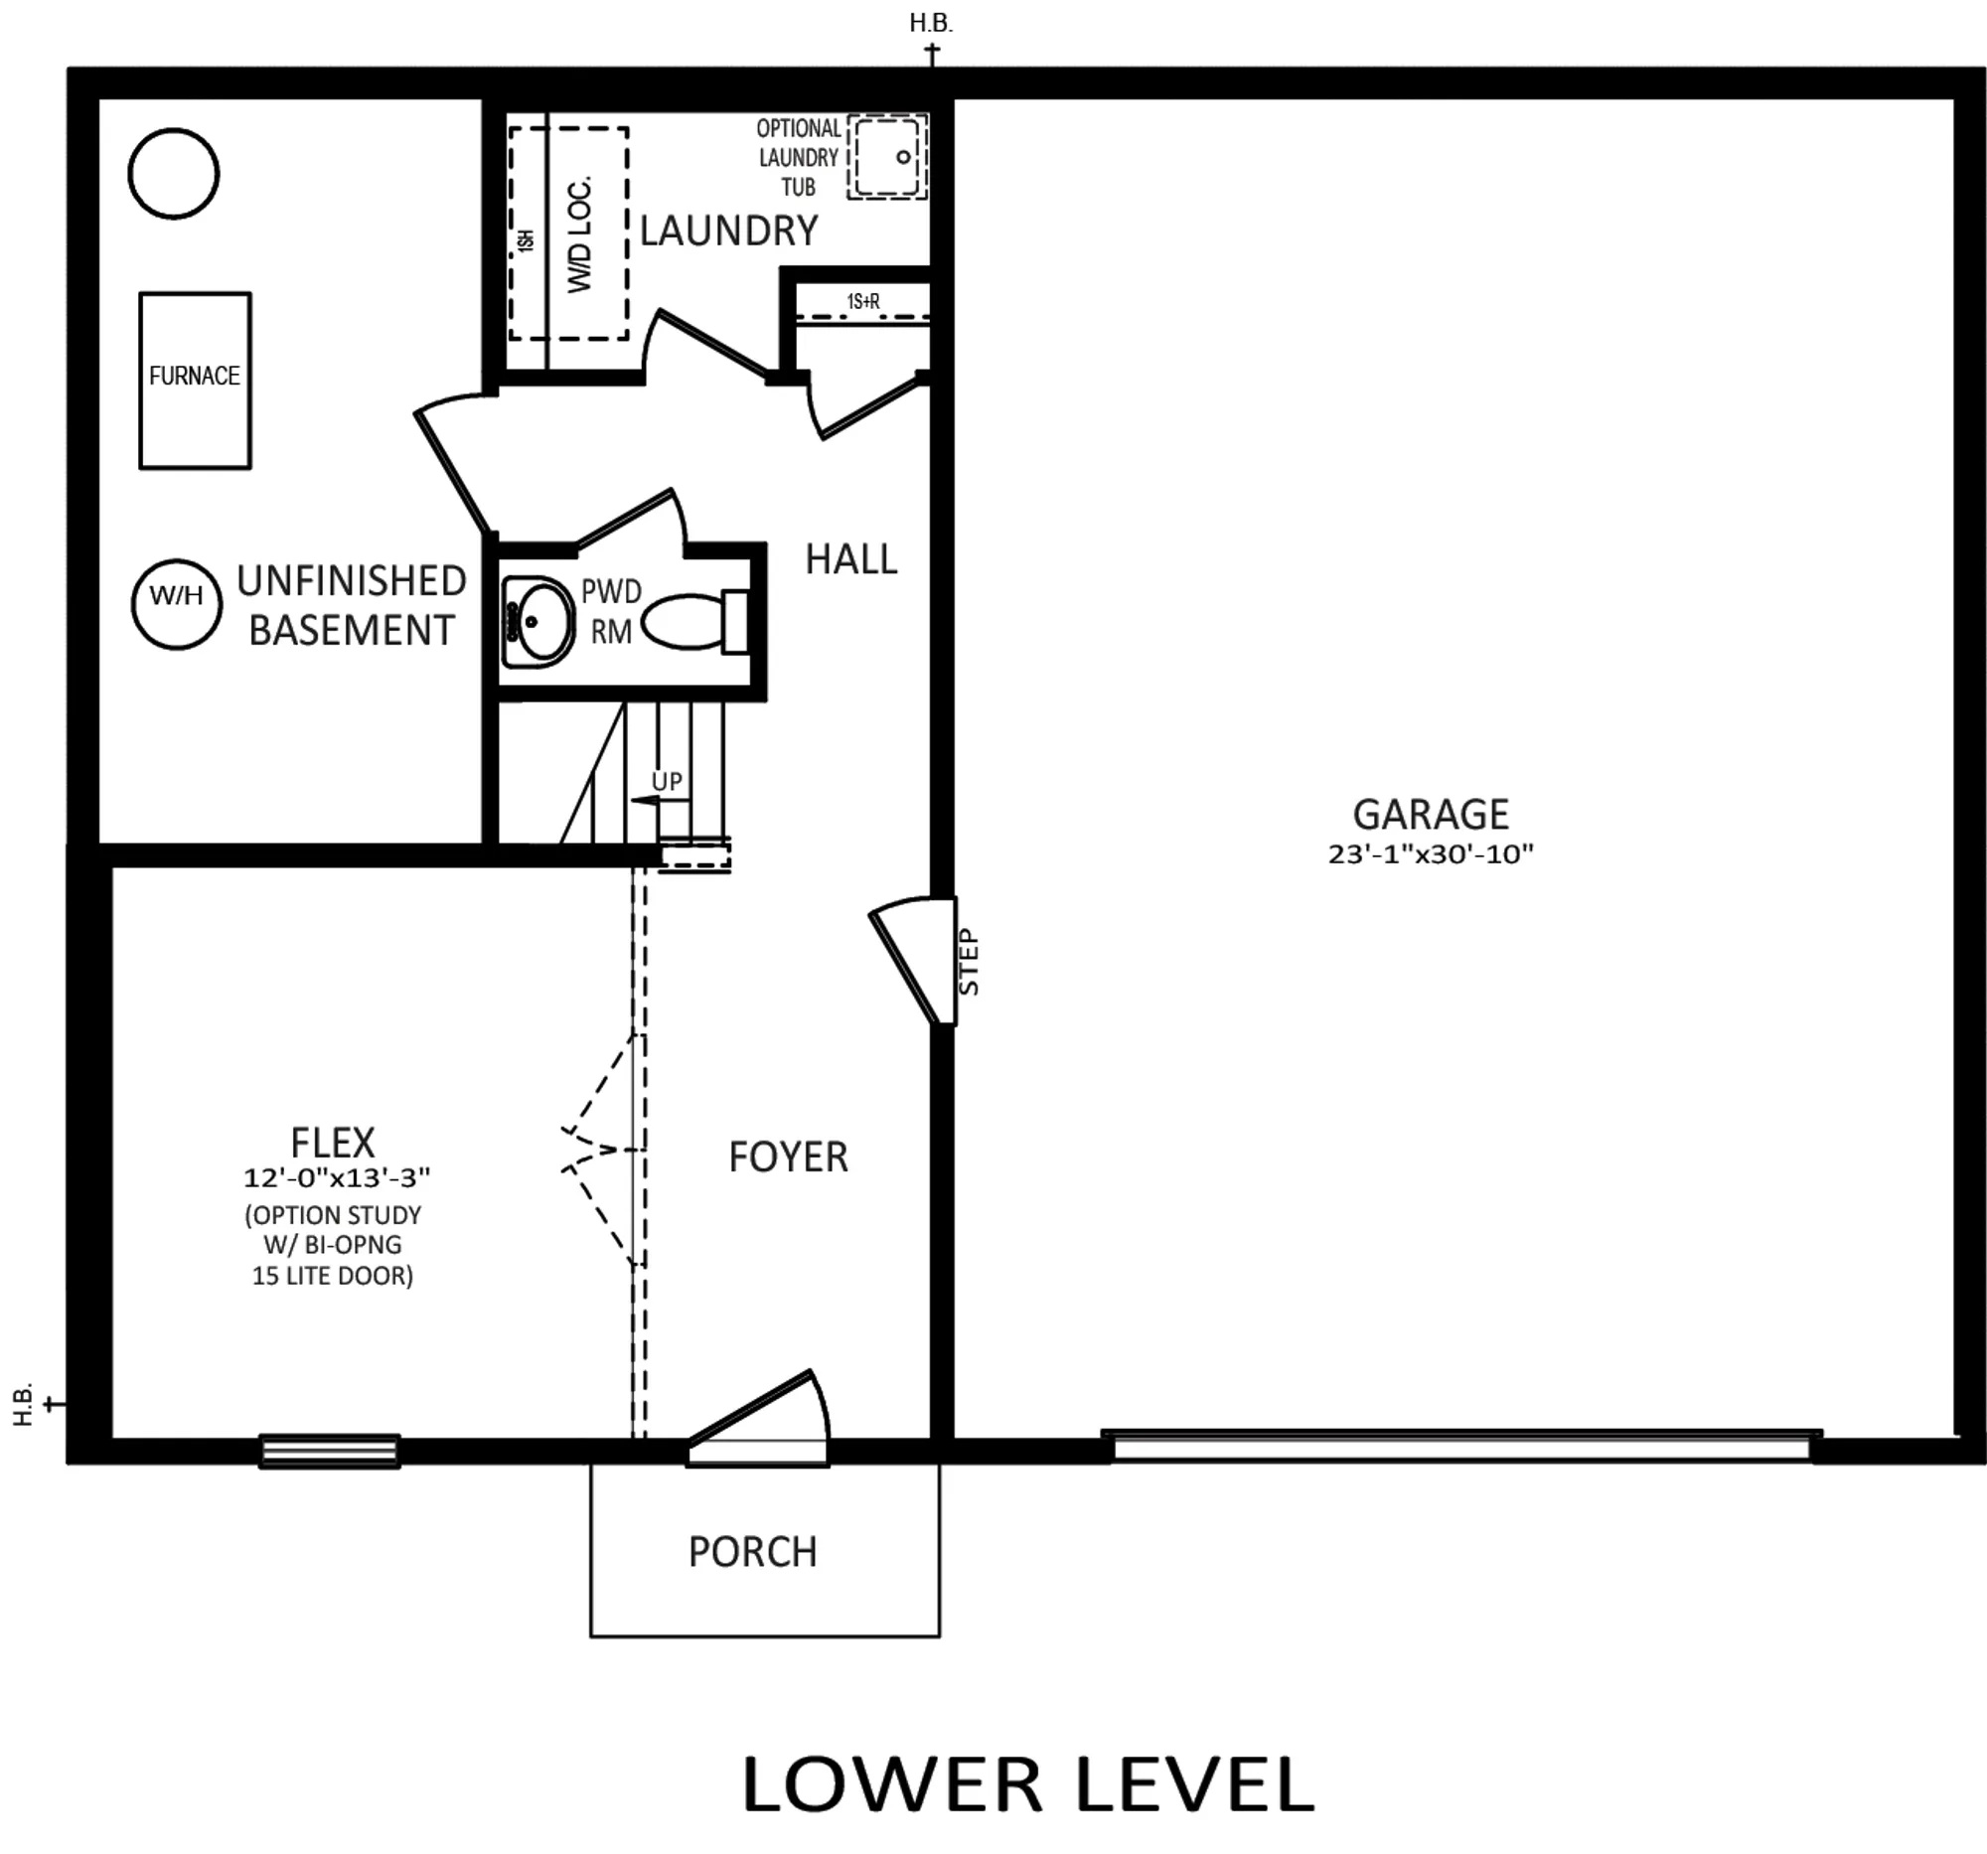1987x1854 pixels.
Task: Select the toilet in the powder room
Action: [x=695, y=621]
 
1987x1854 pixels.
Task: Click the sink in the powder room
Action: [x=536, y=622]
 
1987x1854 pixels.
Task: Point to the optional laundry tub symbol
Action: [x=887, y=156]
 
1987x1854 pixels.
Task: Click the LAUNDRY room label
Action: [x=728, y=231]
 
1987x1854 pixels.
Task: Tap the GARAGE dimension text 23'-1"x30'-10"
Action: [x=1431, y=853]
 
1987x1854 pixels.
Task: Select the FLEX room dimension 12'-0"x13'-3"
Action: [x=337, y=1177]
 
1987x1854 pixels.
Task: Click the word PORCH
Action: [x=753, y=1552]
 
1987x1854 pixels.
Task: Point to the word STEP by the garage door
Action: [x=969, y=962]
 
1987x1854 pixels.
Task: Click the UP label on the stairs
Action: [x=667, y=782]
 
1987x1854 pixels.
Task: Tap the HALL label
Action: [x=851, y=559]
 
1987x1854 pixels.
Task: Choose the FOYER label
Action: [x=788, y=1158]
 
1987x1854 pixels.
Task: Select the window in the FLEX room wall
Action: [x=330, y=1452]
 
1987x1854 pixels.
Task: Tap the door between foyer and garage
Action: [x=913, y=961]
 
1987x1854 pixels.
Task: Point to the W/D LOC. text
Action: [x=580, y=234]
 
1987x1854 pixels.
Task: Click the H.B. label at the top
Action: [x=931, y=24]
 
